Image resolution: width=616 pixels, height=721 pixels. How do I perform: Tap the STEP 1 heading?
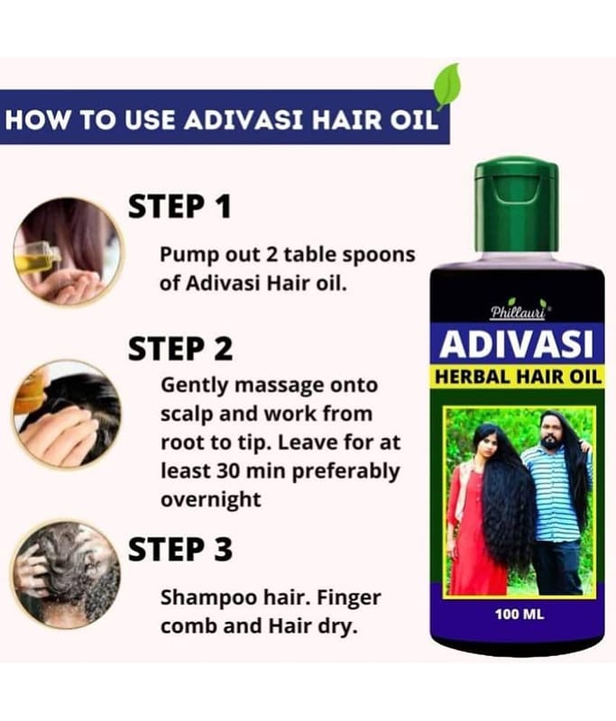(x=179, y=207)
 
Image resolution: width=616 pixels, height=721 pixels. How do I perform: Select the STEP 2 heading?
(x=180, y=349)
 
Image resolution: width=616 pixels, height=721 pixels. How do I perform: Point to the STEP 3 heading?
(x=180, y=549)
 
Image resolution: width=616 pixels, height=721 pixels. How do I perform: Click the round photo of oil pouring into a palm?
(x=67, y=251)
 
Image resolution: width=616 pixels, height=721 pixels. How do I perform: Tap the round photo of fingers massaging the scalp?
(x=67, y=414)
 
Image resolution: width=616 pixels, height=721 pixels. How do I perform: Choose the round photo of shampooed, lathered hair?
(x=66, y=575)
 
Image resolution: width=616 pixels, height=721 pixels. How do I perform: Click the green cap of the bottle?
(x=517, y=205)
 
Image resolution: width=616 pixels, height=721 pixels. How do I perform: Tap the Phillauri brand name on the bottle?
(x=518, y=312)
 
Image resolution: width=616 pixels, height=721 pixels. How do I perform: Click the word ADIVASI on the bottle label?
(x=517, y=344)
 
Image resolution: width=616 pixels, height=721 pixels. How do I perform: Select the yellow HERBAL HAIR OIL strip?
(x=518, y=377)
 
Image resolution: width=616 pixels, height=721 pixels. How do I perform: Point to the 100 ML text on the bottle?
(x=519, y=614)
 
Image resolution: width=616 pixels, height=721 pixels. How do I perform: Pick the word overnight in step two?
(x=211, y=499)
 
